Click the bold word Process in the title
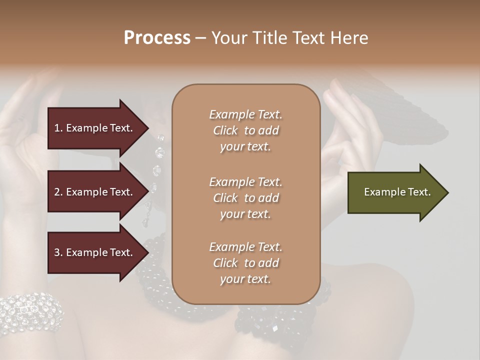(x=157, y=37)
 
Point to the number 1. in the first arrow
(x=58, y=128)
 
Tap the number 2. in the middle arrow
(x=58, y=192)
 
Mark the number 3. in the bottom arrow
(x=58, y=252)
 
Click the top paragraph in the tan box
(x=245, y=130)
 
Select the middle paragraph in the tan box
(x=245, y=198)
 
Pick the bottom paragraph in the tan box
(x=245, y=263)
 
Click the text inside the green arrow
(x=397, y=192)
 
